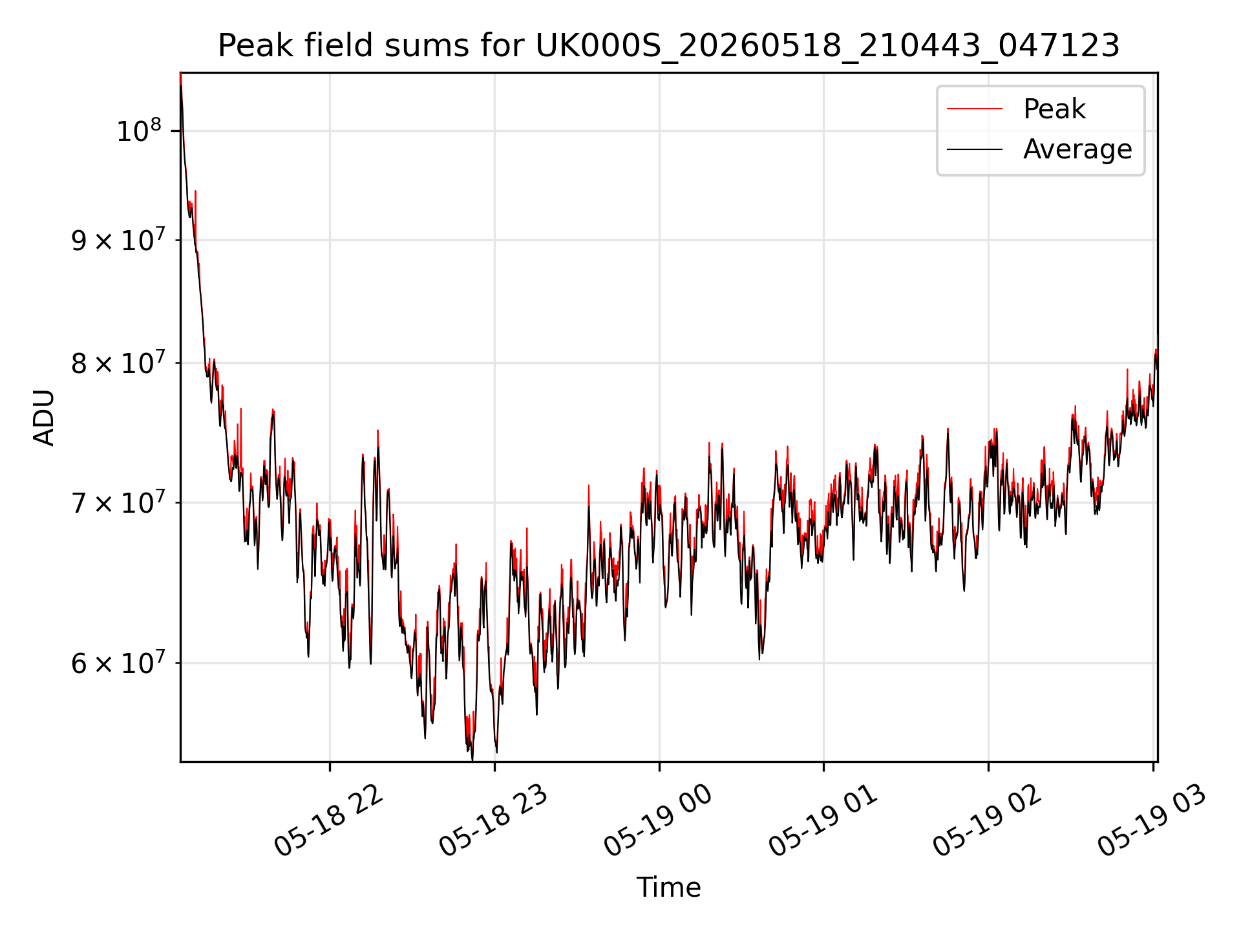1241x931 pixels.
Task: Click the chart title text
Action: tap(668, 46)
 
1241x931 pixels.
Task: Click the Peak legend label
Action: tap(1054, 109)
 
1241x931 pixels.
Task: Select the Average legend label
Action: tap(1077, 149)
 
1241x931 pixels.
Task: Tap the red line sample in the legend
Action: tap(975, 109)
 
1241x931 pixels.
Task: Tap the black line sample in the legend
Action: tap(975, 149)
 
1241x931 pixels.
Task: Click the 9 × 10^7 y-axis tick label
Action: tap(118, 240)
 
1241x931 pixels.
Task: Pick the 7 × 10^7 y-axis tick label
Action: tap(118, 502)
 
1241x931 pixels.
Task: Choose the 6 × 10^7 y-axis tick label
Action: tap(118, 662)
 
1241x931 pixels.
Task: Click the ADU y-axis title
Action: tap(45, 418)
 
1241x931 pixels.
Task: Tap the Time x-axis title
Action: tap(668, 887)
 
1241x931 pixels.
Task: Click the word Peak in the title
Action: tap(249, 46)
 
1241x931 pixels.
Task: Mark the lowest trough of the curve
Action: tap(472, 760)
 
